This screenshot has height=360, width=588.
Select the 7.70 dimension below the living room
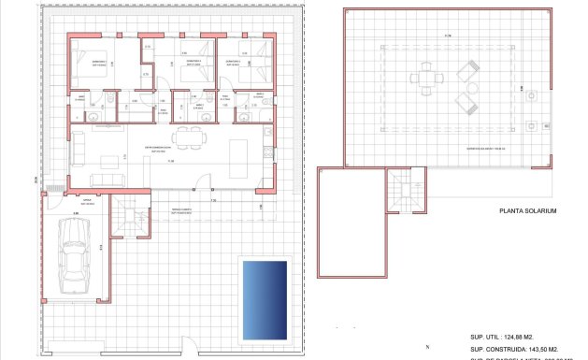point(212,200)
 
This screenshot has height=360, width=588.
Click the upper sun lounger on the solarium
point(468,69)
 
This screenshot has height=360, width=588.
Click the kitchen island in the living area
point(237,151)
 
